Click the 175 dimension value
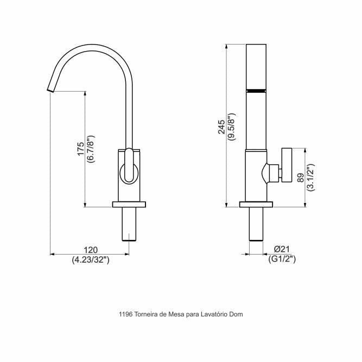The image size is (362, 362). tap(81, 149)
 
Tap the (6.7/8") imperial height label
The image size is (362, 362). tap(91, 149)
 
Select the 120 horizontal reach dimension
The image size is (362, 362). tap(91, 250)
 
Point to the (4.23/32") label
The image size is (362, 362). tap(91, 260)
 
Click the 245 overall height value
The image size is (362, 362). tap(221, 127)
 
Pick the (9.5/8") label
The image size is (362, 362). tap(232, 127)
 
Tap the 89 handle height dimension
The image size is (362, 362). tap(301, 178)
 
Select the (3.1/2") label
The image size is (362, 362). tap(311, 177)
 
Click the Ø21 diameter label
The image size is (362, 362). tap(282, 249)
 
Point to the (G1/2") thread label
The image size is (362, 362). tap(282, 259)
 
